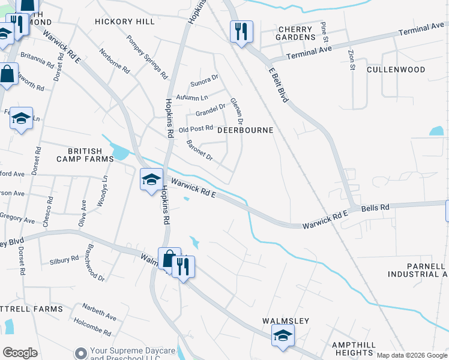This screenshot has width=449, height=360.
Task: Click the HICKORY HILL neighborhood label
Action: [125, 22]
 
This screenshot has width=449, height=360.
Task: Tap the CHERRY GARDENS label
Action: [295, 33]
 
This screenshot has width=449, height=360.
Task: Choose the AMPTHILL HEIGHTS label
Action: [354, 349]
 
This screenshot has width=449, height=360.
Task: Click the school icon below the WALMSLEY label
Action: [283, 336]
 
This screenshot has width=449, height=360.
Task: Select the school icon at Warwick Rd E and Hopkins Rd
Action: [151, 179]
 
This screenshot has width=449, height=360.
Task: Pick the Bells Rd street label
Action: [376, 207]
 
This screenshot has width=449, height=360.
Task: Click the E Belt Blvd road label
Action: [279, 85]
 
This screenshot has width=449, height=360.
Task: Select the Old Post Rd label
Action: [196, 128]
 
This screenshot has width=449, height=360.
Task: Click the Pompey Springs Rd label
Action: [146, 58]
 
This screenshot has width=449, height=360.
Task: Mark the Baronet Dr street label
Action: [200, 150]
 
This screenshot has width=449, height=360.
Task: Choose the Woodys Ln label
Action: [103, 190]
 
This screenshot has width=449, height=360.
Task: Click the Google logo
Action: [20, 352]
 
